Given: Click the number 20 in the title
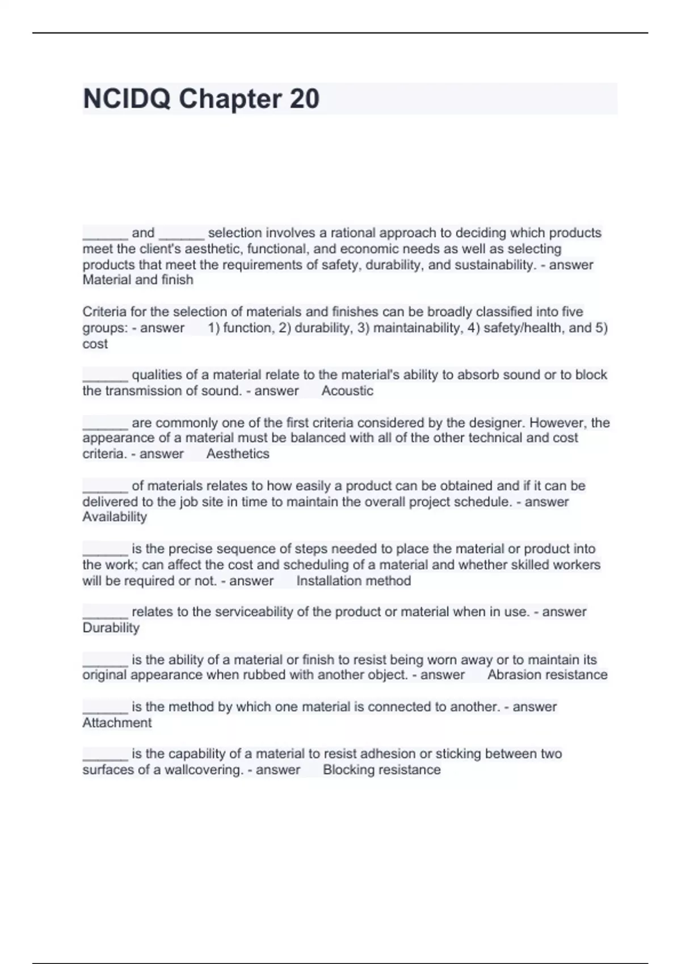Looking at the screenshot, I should point(304,99).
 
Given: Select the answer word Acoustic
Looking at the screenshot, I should point(347,391).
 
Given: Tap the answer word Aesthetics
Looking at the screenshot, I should point(238,454).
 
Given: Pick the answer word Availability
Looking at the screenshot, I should point(115,517).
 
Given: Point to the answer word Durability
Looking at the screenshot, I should point(111,628).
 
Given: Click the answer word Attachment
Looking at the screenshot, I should point(117,722).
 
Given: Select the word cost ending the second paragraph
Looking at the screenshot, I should point(95,344).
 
